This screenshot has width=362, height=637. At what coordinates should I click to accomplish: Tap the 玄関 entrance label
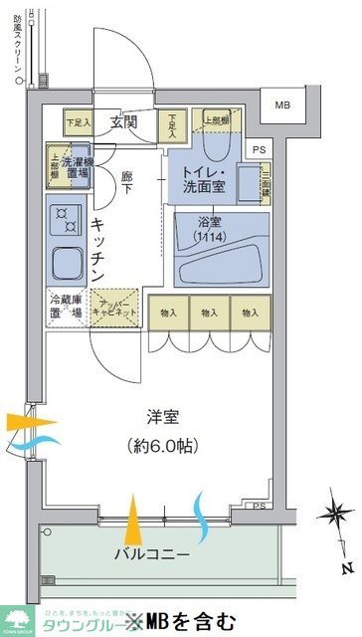click(x=123, y=122)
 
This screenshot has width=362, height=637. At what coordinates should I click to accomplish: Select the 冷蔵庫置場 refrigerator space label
click(x=67, y=307)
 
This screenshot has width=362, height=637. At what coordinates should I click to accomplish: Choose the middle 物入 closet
click(x=209, y=313)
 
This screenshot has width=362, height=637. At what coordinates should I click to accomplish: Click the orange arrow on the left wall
click(x=18, y=421)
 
